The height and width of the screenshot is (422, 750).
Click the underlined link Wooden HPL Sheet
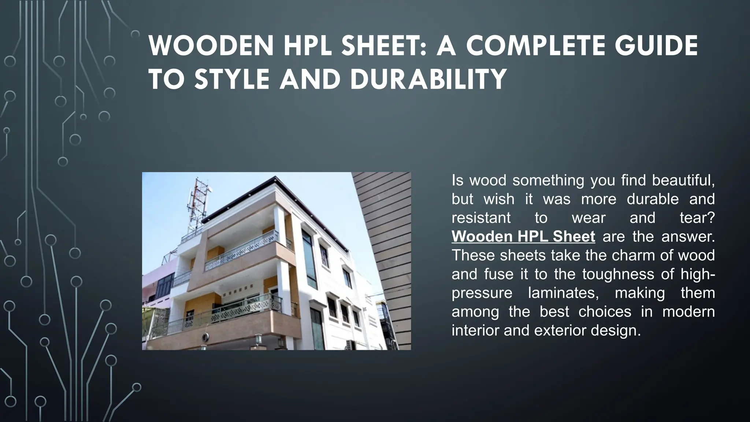coord(523,237)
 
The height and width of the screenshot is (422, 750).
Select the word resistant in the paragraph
coord(481,218)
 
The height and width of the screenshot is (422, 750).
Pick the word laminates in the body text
coord(560,293)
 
